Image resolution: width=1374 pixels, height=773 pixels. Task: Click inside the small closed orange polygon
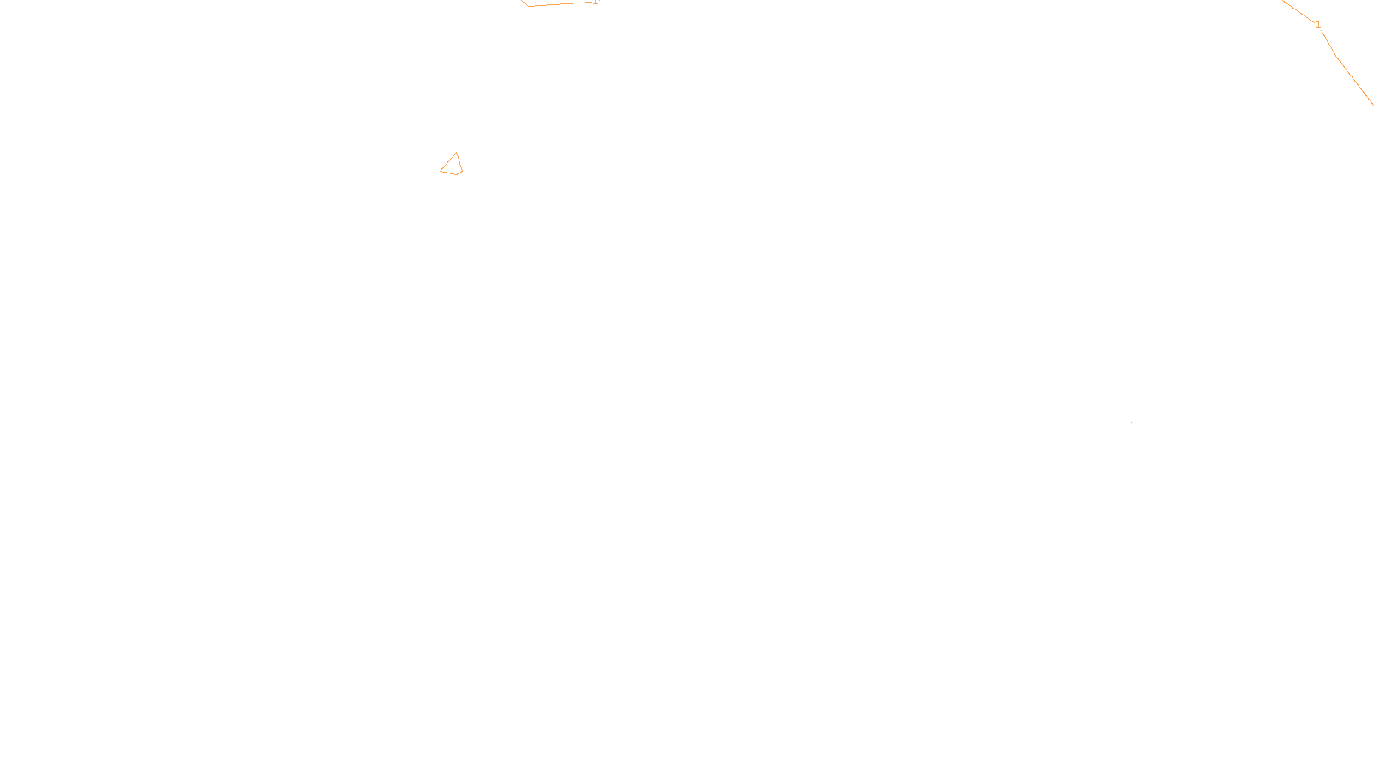453,166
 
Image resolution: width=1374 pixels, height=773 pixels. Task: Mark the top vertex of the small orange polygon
456,153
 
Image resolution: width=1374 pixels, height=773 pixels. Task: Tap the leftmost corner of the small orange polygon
441,170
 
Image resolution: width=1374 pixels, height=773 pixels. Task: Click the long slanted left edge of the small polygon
447,161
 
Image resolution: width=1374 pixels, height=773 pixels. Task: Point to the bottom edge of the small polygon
451,173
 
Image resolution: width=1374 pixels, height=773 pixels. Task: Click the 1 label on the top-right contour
1318,26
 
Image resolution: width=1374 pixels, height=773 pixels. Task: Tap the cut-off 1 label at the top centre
595,2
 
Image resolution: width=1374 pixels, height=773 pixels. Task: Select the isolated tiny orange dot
1131,422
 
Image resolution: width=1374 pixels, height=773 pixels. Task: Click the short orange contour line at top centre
558,4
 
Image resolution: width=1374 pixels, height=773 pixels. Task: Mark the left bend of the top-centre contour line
527,6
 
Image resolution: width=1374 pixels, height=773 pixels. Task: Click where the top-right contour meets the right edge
1371,103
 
